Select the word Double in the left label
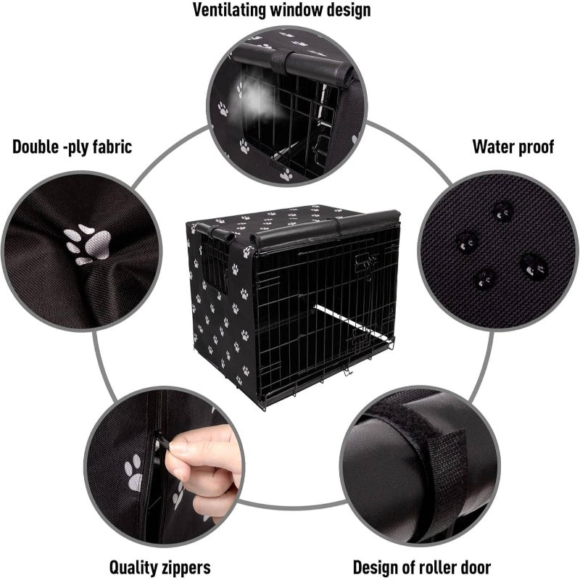(x=37, y=147)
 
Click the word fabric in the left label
(x=109, y=147)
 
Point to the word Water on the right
(x=494, y=147)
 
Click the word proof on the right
(x=537, y=147)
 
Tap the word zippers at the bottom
(x=185, y=566)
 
